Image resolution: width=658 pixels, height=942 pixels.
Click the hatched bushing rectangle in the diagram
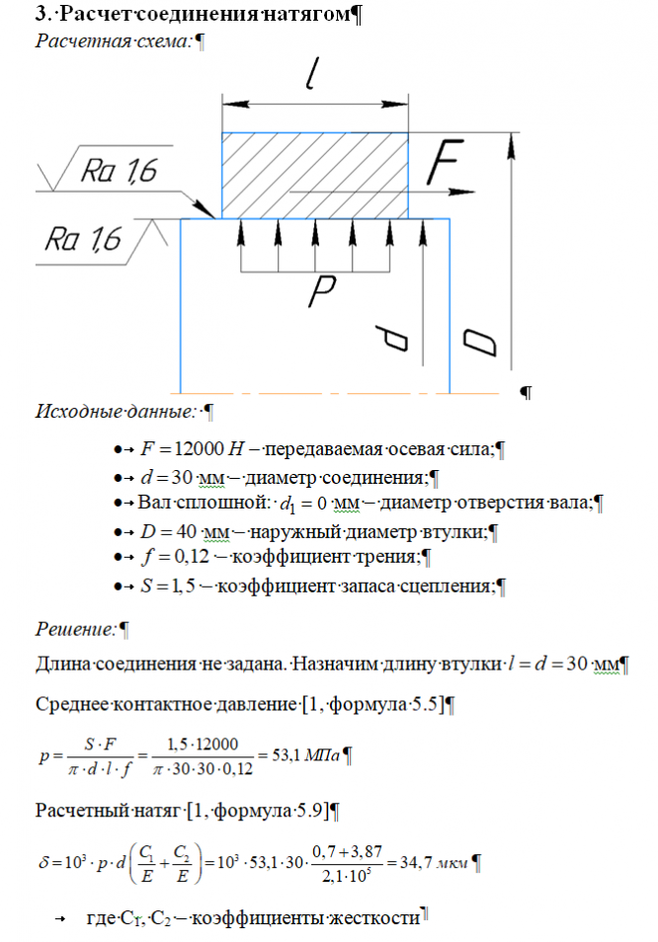(315, 176)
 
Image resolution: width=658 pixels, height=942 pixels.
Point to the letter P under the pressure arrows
(320, 288)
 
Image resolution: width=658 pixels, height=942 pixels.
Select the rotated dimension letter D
(480, 342)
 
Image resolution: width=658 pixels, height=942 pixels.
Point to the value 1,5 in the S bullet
(184, 586)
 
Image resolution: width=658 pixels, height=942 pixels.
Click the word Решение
(75, 627)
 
